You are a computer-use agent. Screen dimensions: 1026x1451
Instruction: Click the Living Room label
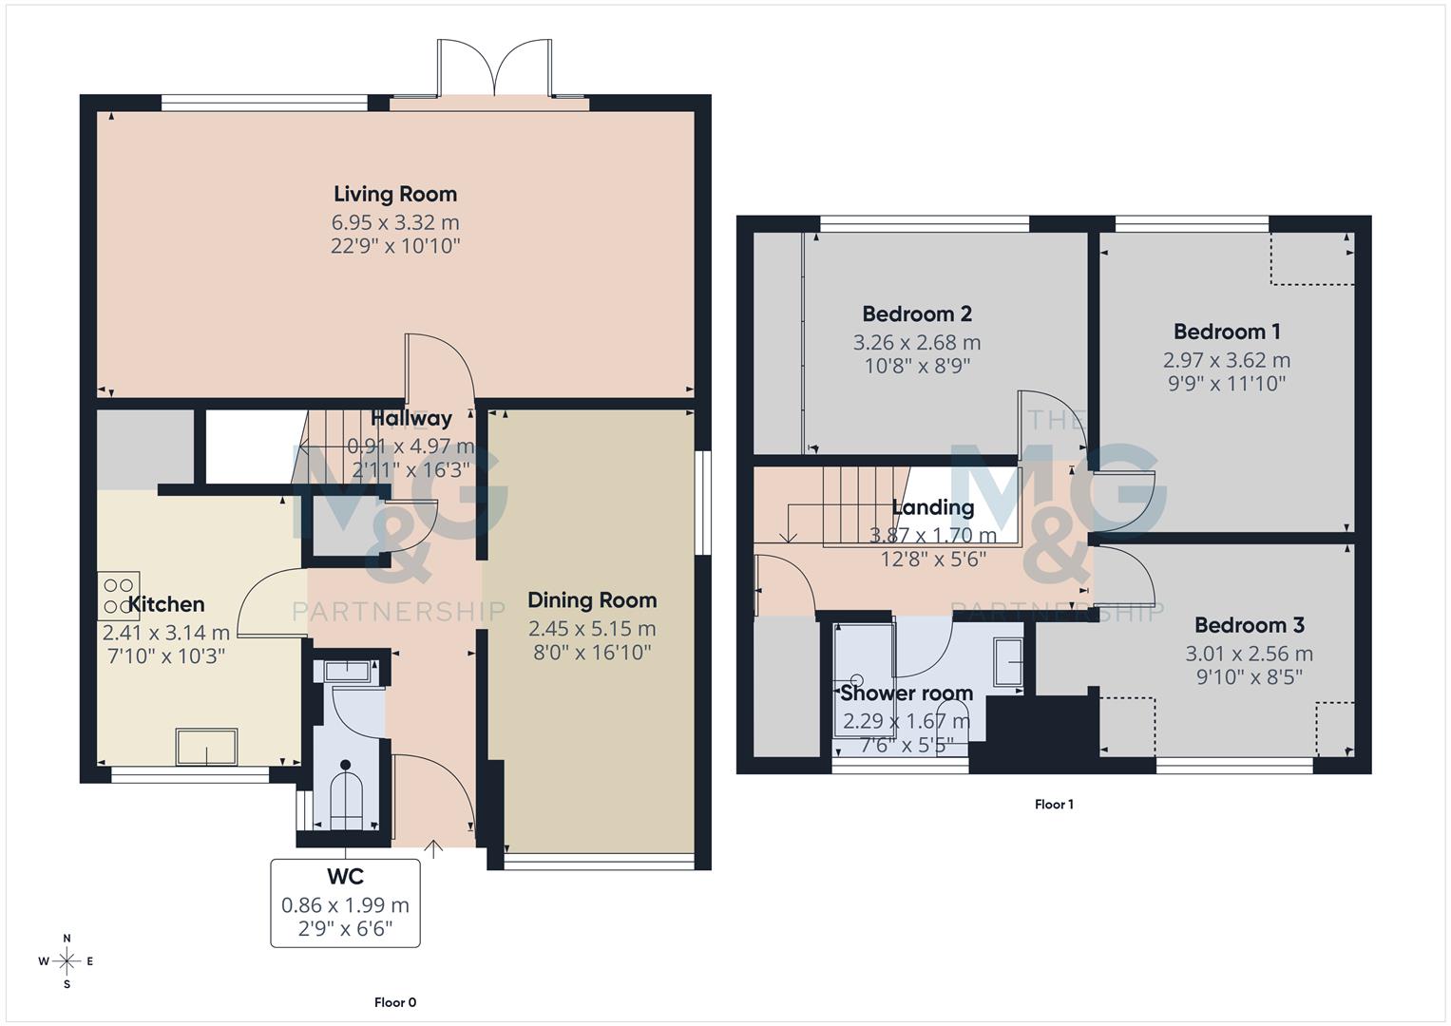click(x=395, y=194)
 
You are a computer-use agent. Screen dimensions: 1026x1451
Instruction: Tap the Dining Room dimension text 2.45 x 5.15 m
click(x=592, y=629)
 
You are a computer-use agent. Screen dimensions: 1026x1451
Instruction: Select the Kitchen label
click(x=166, y=604)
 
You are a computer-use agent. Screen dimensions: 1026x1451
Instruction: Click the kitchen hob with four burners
click(x=119, y=596)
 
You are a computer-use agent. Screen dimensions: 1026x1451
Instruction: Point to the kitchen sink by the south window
click(x=206, y=747)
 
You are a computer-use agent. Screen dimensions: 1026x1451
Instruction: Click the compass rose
click(x=67, y=961)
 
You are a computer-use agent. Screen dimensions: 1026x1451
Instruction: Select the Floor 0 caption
click(x=395, y=1002)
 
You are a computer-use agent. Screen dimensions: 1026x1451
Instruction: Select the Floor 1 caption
click(x=1054, y=805)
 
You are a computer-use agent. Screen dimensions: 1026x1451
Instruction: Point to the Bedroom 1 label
click(x=1227, y=332)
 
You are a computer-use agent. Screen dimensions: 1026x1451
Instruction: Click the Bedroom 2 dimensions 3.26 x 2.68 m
click(x=917, y=343)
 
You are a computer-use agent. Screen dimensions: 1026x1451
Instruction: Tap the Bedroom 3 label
click(x=1249, y=625)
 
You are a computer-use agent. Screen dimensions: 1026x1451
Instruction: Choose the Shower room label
click(x=907, y=693)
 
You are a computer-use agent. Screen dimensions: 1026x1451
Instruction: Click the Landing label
click(x=933, y=507)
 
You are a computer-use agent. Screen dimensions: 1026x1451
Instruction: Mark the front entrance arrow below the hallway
click(x=433, y=848)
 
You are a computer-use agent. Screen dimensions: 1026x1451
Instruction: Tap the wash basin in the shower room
click(x=1007, y=662)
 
